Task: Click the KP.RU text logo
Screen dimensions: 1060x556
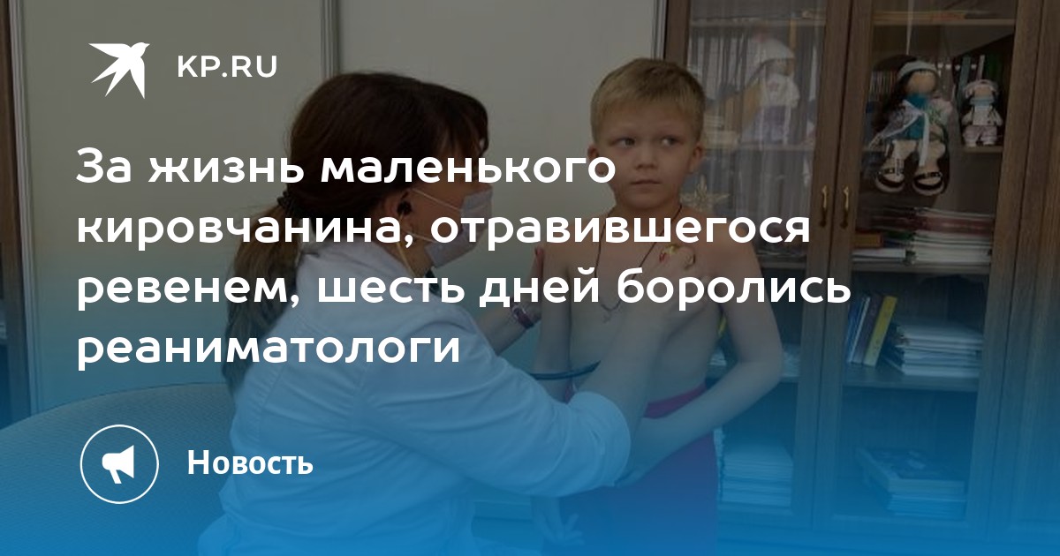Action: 227,67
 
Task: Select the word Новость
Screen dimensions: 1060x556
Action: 250,462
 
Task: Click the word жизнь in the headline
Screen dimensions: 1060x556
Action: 226,169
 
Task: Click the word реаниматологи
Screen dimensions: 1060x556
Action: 268,349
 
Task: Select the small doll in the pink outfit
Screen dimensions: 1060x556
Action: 981,113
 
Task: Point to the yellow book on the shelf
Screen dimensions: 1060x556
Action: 879,331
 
